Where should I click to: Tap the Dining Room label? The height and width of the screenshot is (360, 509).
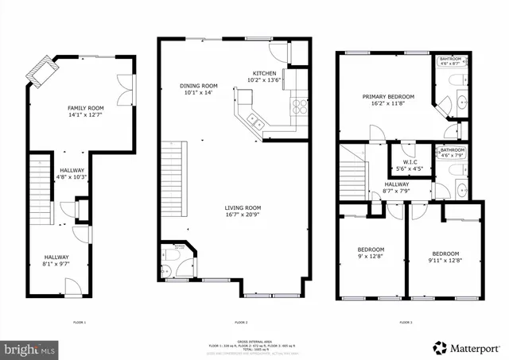click(x=200, y=89)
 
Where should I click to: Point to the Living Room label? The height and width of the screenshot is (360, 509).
click(x=243, y=211)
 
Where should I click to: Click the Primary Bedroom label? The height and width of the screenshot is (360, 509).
click(x=385, y=100)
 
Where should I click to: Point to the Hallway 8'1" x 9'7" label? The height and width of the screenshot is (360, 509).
click(x=56, y=261)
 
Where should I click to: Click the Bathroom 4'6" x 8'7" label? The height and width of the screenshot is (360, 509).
click(x=453, y=60)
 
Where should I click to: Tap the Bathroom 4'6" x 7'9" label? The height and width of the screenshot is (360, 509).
click(x=453, y=153)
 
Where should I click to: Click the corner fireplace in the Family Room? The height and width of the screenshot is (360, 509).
click(x=37, y=75)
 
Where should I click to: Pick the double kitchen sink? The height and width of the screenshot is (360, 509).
click(x=257, y=122)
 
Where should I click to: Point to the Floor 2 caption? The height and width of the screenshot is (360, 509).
click(x=241, y=323)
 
